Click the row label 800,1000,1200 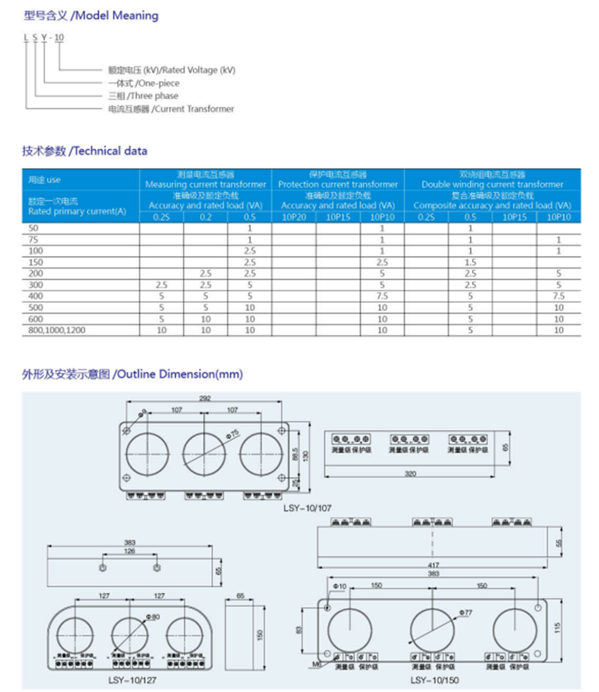53,329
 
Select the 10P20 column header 293,217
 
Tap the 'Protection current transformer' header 338,185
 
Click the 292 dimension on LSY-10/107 205,400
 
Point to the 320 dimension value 410,473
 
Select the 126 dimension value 130,551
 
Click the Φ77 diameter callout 465,612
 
